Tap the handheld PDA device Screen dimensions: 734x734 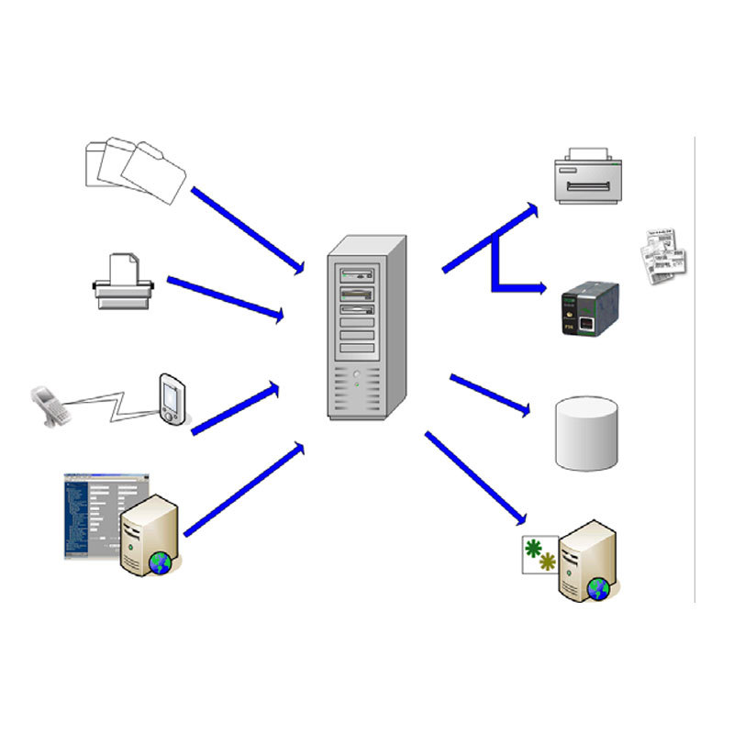pyautogui.click(x=172, y=399)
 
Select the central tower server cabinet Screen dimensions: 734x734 pyautogui.click(x=366, y=327)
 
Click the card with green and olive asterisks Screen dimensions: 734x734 pyautogui.click(x=539, y=555)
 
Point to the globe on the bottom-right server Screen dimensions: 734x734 pyautogui.click(x=599, y=588)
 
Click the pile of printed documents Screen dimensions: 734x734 pyautogui.click(x=663, y=254)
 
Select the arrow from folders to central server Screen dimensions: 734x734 pyautogui.click(x=248, y=230)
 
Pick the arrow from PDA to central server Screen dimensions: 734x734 pyautogui.click(x=235, y=409)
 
